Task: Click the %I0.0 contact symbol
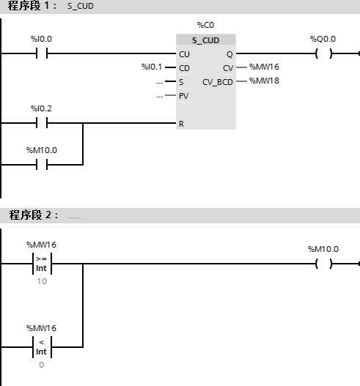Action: (42, 53)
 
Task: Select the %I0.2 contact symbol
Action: (42, 122)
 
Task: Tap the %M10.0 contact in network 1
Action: (42, 164)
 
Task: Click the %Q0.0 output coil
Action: (324, 53)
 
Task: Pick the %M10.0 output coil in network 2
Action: (324, 264)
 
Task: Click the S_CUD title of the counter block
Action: (205, 40)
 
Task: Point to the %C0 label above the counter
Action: (205, 25)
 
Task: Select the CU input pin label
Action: (184, 54)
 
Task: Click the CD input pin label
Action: (184, 68)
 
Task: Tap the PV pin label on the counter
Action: (183, 96)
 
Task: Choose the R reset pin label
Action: (181, 124)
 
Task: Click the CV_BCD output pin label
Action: (218, 82)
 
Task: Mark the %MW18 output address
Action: (264, 81)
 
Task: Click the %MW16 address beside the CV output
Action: (264, 67)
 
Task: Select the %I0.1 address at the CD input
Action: (152, 67)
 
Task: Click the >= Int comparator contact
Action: (42, 264)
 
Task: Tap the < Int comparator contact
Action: (42, 347)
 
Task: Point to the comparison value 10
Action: (42, 281)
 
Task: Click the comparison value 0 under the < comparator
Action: (41, 365)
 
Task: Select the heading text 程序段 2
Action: (30, 215)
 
